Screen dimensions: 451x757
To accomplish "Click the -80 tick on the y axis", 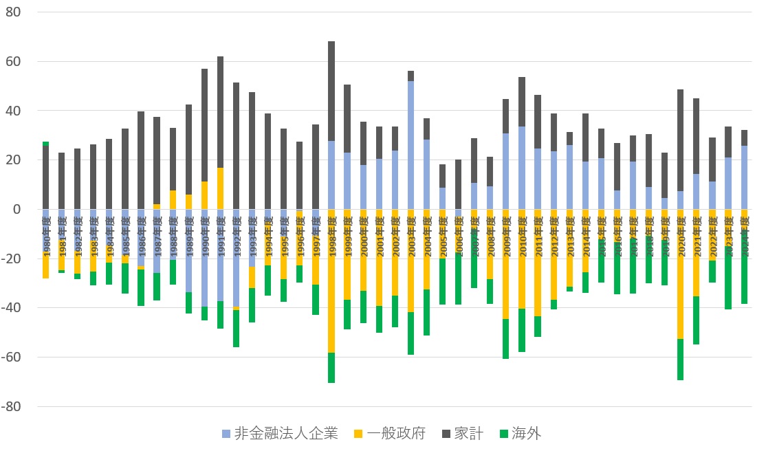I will (x=12, y=406).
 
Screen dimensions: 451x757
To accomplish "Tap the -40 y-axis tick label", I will (x=12, y=307).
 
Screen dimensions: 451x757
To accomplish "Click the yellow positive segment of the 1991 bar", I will (x=220, y=188).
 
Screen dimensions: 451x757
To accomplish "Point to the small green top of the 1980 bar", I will (x=45, y=144).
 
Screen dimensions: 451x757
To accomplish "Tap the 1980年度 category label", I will (x=46, y=234).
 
